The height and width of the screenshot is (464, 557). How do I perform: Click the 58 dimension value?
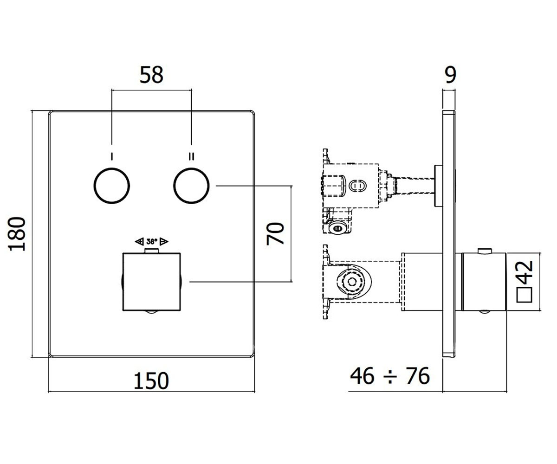coord(151,75)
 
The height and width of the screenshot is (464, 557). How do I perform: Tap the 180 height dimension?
coord(17,234)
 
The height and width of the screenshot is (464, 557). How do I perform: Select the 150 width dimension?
coord(151,381)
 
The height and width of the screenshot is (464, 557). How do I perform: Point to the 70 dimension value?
coord(275,234)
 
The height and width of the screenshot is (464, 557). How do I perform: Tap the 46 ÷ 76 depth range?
coord(390,376)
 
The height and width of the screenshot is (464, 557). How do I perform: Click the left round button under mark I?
coord(112,186)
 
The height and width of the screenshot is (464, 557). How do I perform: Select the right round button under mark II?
coord(191,186)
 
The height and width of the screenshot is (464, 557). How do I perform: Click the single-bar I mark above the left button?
coord(112,156)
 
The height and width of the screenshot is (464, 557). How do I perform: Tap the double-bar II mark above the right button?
coord(191,156)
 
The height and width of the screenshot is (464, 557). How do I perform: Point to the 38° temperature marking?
coord(151,242)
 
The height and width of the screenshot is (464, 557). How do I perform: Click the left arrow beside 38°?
coord(139,242)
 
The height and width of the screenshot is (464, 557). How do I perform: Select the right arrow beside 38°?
coord(164,242)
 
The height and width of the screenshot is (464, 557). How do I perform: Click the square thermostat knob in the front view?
coord(151,282)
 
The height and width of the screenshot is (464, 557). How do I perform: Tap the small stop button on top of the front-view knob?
coord(151,251)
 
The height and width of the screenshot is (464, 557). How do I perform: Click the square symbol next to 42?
coord(524,295)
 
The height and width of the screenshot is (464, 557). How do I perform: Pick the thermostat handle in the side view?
coord(484,282)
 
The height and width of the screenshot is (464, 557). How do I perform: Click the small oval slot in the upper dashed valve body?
coord(357,186)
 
